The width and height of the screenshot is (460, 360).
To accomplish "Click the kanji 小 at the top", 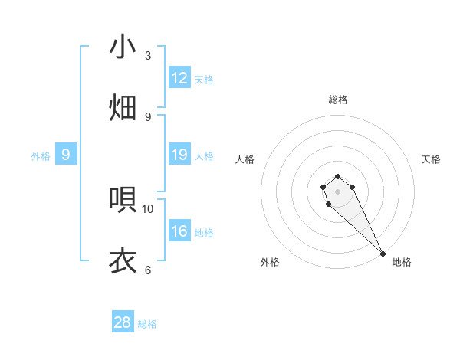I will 123,47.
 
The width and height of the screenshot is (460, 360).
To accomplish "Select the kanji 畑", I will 123,107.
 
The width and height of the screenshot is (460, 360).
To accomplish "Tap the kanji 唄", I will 123,200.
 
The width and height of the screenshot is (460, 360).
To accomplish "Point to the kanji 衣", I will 123,260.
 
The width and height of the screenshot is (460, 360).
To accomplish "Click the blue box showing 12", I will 179,78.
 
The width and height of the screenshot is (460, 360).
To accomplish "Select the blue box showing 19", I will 179,155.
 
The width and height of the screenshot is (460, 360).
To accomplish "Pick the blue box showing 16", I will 179,232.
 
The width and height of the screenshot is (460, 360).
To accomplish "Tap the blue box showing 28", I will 123,322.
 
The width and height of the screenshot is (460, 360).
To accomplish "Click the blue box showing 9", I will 66,155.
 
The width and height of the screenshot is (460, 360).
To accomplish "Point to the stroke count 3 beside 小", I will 148,56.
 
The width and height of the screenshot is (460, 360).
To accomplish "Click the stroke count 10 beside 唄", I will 148,208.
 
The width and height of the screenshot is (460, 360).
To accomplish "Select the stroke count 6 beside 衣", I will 148,270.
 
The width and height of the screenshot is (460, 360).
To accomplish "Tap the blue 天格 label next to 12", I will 204,79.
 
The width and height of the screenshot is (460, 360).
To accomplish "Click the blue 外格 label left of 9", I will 41,156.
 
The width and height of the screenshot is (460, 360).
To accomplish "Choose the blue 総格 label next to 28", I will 147,323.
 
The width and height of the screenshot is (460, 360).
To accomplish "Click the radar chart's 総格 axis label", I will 338,100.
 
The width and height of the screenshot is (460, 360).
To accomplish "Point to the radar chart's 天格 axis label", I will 431,159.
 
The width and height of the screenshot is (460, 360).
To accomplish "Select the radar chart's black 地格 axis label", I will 402,262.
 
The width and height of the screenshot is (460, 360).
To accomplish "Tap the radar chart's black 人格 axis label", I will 245,159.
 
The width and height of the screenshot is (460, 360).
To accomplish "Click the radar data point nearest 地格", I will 383,254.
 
